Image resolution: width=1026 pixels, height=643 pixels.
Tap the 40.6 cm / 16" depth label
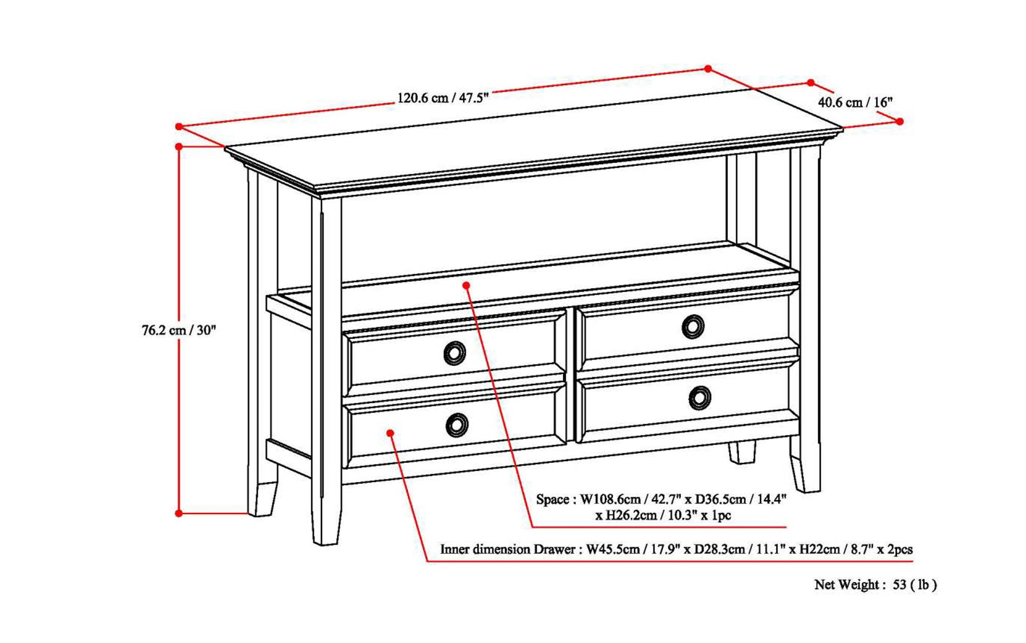tap(855, 102)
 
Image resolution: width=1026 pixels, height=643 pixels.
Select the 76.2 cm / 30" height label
tap(179, 330)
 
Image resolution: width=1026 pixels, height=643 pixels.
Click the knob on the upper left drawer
tap(454, 353)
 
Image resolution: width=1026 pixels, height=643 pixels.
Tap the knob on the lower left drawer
tap(457, 425)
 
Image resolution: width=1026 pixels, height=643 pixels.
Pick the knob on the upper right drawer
tap(693, 326)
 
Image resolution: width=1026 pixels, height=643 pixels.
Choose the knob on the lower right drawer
tap(700, 398)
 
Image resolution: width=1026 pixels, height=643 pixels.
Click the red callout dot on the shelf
tap(466, 285)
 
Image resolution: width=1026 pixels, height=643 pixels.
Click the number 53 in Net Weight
tap(899, 585)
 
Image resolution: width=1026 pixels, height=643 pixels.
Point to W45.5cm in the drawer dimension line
tap(613, 550)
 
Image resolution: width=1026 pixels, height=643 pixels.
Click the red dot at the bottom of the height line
tap(179, 513)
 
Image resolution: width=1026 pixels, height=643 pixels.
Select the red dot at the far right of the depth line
tap(899, 121)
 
